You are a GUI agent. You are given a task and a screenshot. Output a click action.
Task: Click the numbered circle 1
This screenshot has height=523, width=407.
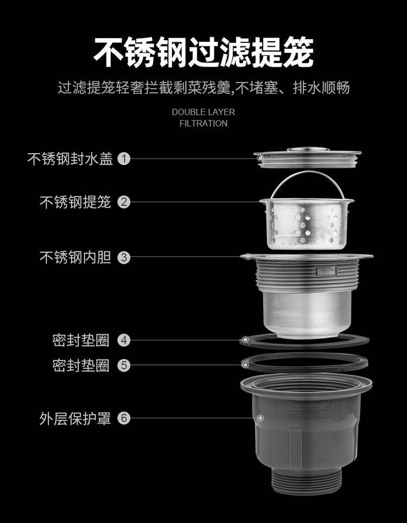(124, 159)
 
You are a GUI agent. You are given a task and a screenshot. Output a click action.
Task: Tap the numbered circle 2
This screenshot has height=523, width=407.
(124, 202)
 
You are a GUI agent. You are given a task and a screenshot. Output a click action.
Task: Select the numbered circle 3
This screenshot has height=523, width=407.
(124, 257)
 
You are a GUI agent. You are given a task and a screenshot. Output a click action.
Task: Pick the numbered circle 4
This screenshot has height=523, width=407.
(124, 341)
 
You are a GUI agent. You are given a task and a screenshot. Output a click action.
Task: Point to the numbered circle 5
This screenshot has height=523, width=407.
(124, 366)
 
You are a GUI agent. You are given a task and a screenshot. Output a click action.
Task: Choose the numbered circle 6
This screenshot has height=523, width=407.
(124, 418)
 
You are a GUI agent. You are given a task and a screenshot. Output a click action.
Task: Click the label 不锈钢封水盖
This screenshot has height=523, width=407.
(70, 159)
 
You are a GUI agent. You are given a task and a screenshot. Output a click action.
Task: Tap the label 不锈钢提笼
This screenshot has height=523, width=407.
(75, 202)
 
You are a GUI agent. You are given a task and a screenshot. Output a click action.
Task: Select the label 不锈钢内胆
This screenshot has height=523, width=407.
(75, 257)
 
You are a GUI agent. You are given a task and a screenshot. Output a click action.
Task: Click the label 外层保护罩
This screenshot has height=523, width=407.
(75, 418)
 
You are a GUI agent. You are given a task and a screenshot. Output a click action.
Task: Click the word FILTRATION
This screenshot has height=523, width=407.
(203, 123)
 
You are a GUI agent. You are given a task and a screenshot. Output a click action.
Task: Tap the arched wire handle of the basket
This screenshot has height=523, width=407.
(307, 173)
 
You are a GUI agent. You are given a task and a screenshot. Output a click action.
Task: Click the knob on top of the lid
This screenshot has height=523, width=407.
(308, 149)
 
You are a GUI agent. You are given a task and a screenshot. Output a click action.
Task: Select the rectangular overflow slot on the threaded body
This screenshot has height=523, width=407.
(326, 271)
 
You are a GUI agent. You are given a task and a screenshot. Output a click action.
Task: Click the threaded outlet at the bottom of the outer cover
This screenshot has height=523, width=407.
(306, 480)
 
